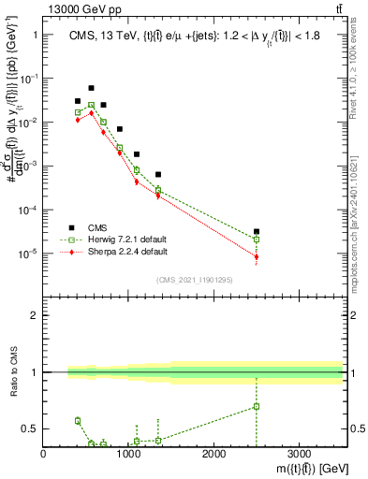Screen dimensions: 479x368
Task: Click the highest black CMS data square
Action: (x=91, y=88)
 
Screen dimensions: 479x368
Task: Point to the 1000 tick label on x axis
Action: (x=128, y=454)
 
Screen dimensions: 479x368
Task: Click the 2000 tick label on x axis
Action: (x=213, y=454)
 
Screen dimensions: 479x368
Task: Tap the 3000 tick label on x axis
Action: (x=299, y=454)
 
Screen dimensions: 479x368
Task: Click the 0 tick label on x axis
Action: (x=44, y=454)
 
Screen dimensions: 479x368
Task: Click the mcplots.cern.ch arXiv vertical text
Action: (x=360, y=187)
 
